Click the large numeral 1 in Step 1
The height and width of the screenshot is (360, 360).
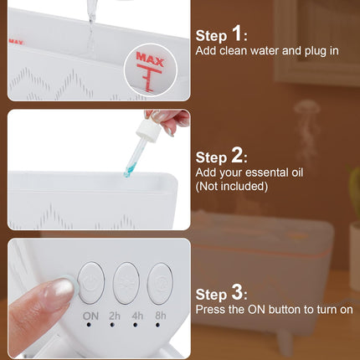[x=237, y=33]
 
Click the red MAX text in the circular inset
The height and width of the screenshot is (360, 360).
[x=150, y=59]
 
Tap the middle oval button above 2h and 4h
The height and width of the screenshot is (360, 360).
[x=126, y=283]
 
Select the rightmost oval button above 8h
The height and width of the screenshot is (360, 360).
[x=160, y=284]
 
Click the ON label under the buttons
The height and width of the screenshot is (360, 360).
[x=90, y=316]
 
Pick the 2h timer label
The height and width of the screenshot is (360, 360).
[x=115, y=316]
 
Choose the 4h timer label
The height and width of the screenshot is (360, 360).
[x=137, y=316]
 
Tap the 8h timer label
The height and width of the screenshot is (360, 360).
[x=161, y=316]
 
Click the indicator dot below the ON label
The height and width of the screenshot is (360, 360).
[x=89, y=325]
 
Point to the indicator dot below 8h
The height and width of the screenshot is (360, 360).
[x=157, y=325]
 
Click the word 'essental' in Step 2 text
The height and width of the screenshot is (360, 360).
[x=261, y=172]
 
